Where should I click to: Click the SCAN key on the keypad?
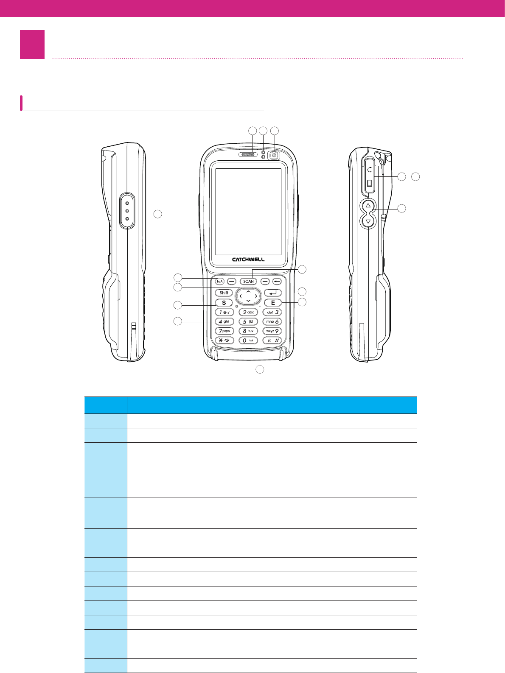tap(248, 281)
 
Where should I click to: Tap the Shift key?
tap(224, 293)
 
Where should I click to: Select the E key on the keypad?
tap(273, 303)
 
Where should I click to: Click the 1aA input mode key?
tap(219, 281)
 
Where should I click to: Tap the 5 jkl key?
tap(248, 322)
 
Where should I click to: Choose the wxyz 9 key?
tap(272, 331)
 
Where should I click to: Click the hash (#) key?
tap(272, 341)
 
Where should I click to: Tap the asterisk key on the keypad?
tap(224, 341)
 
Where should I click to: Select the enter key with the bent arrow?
tap(272, 293)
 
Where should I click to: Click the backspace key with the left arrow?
tap(277, 281)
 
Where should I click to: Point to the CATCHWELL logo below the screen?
tap(248, 260)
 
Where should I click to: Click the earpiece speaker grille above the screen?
tap(248, 155)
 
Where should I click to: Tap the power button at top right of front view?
tap(274, 156)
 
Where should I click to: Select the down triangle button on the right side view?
tap(368, 221)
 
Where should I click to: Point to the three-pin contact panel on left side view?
tap(127, 211)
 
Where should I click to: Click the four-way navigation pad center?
tap(248, 296)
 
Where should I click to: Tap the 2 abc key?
tap(248, 312)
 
